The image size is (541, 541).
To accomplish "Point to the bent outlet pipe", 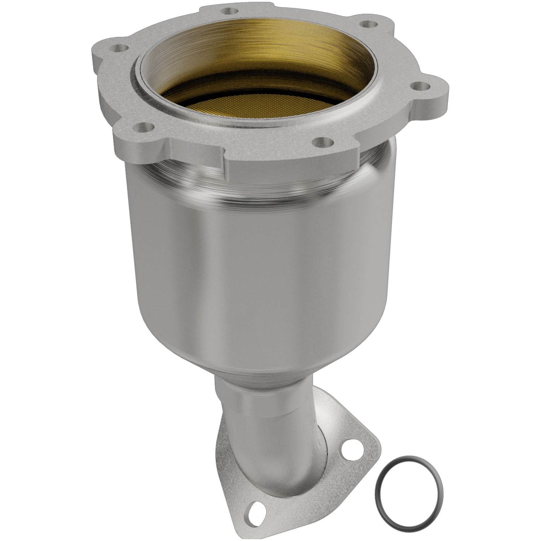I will (x=274, y=451).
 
